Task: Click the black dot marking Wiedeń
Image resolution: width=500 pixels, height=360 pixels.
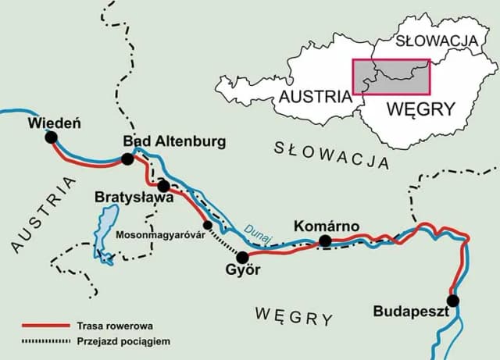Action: (52, 137)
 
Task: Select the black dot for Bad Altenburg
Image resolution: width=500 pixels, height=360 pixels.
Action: (127, 159)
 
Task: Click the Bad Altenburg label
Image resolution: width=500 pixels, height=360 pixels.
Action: (174, 141)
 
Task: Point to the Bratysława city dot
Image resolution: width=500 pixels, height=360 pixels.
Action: (163, 186)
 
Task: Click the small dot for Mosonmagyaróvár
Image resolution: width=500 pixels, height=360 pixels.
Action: (207, 225)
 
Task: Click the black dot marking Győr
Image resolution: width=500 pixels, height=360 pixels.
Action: (242, 257)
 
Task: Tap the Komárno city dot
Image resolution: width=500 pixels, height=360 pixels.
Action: (325, 241)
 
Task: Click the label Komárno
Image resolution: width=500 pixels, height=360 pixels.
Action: (326, 226)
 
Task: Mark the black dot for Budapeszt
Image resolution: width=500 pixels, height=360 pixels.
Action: (452, 301)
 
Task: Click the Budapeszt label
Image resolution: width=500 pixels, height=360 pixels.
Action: (410, 312)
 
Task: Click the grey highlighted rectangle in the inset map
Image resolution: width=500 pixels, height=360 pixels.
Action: (391, 77)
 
